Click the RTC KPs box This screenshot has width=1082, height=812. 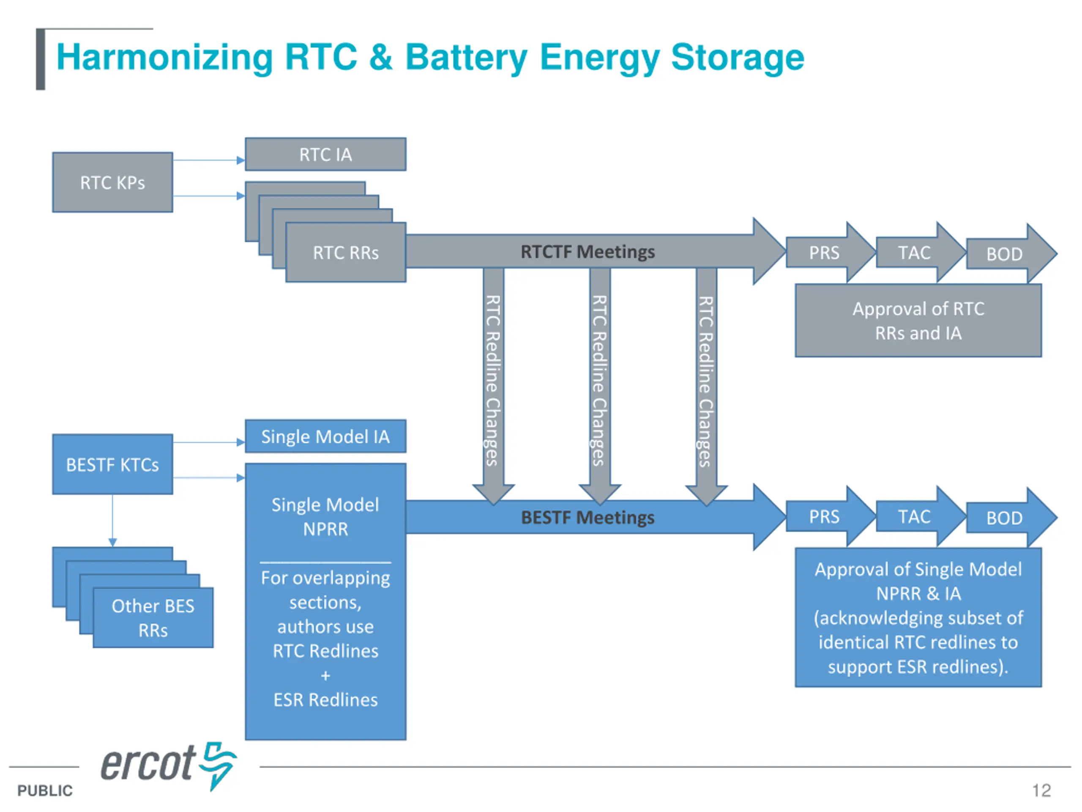pyautogui.click(x=112, y=183)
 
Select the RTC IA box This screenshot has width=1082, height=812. pyautogui.click(x=325, y=155)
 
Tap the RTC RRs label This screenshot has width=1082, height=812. pyautogui.click(x=346, y=253)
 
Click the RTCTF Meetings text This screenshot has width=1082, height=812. pyautogui.click(x=587, y=252)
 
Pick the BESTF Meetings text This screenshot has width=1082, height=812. pyautogui.click(x=587, y=517)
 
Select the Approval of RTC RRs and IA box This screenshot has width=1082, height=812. pyautogui.click(x=918, y=321)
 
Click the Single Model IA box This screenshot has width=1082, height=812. pyautogui.click(x=325, y=436)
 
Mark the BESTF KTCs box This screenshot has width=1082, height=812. pyautogui.click(x=112, y=464)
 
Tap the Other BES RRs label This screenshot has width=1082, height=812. pyautogui.click(x=153, y=618)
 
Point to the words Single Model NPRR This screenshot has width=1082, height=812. pyautogui.click(x=325, y=517)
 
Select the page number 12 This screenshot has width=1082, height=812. pyautogui.click(x=1041, y=790)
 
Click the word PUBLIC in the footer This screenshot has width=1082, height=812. pyautogui.click(x=45, y=790)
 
